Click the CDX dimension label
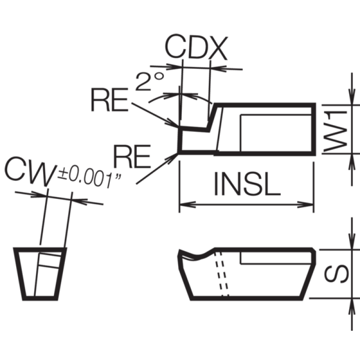[196, 47]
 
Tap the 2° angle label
[149, 81]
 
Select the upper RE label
[109, 99]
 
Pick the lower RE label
[132, 156]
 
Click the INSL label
[247, 184]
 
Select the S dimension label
[336, 274]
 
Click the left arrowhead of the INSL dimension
[187, 204]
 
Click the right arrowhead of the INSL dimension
[306, 204]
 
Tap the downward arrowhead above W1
[352, 96]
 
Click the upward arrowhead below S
[352, 306]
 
